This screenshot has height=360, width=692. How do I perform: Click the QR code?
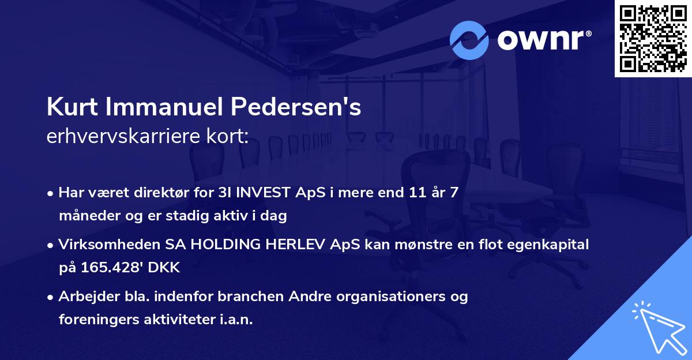[653, 38]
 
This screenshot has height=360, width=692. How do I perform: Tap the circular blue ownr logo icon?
[469, 40]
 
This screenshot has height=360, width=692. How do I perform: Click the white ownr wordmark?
[544, 40]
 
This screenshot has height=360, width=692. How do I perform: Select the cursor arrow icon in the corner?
[660, 328]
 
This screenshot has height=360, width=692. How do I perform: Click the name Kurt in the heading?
[72, 107]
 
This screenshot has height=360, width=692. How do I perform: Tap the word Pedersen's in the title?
[296, 107]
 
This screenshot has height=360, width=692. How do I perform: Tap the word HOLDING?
[225, 245]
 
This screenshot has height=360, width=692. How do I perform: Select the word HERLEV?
[295, 245]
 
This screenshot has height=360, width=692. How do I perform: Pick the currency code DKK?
[164, 268]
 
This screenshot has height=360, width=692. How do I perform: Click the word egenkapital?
[548, 245]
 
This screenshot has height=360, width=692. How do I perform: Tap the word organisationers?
[391, 297]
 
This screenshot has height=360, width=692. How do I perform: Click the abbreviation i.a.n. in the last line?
[236, 319]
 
